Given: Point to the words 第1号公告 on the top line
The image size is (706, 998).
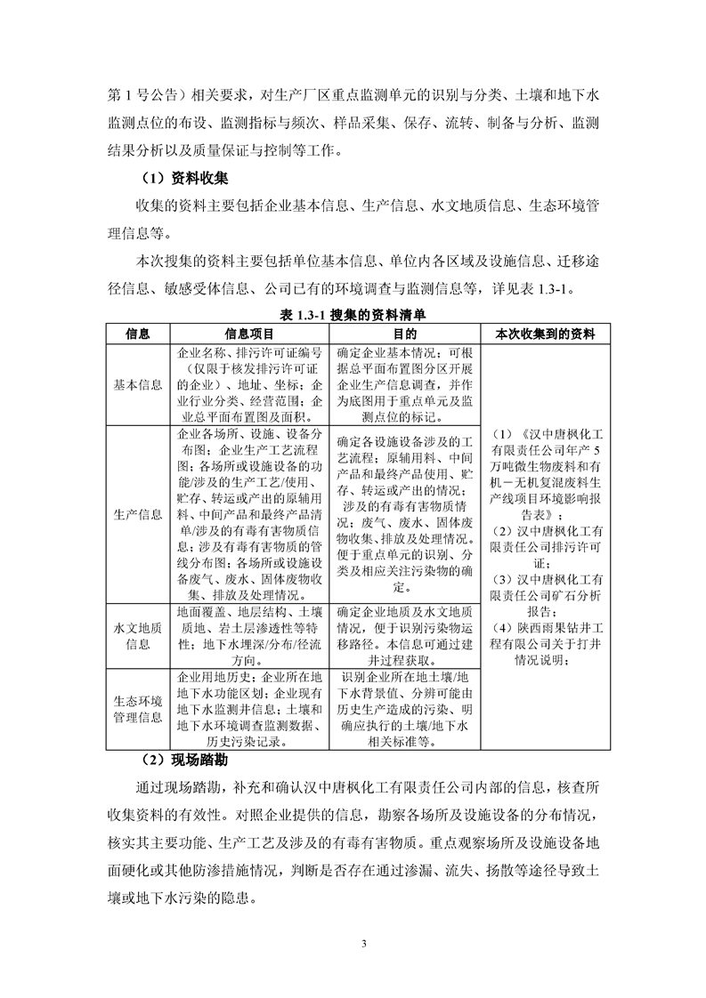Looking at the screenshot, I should point(141,89).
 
